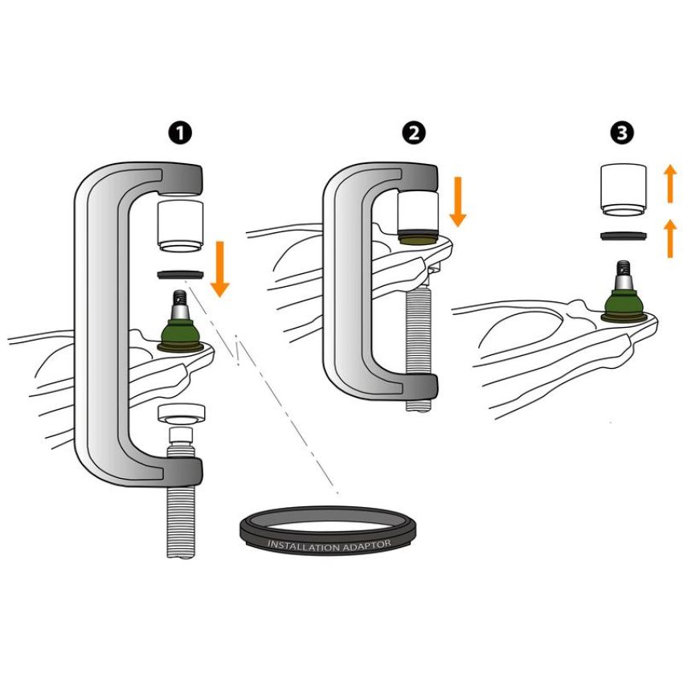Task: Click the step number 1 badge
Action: coord(180,133)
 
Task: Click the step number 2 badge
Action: coord(414,133)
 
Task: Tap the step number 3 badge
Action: coord(622,133)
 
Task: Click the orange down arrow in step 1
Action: coord(220,268)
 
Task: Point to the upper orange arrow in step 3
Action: coord(670,184)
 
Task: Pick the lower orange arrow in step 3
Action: coord(670,238)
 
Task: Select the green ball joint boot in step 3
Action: coord(624,303)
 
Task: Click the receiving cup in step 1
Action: coord(180,227)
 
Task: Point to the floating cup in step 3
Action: coord(623,190)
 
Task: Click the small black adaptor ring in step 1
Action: coord(180,275)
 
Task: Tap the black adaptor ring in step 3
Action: coord(624,236)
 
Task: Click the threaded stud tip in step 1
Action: coord(180,297)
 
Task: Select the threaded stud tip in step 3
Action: coord(624,268)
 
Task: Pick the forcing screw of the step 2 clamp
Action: coord(418,349)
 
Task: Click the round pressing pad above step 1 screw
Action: coord(182,413)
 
